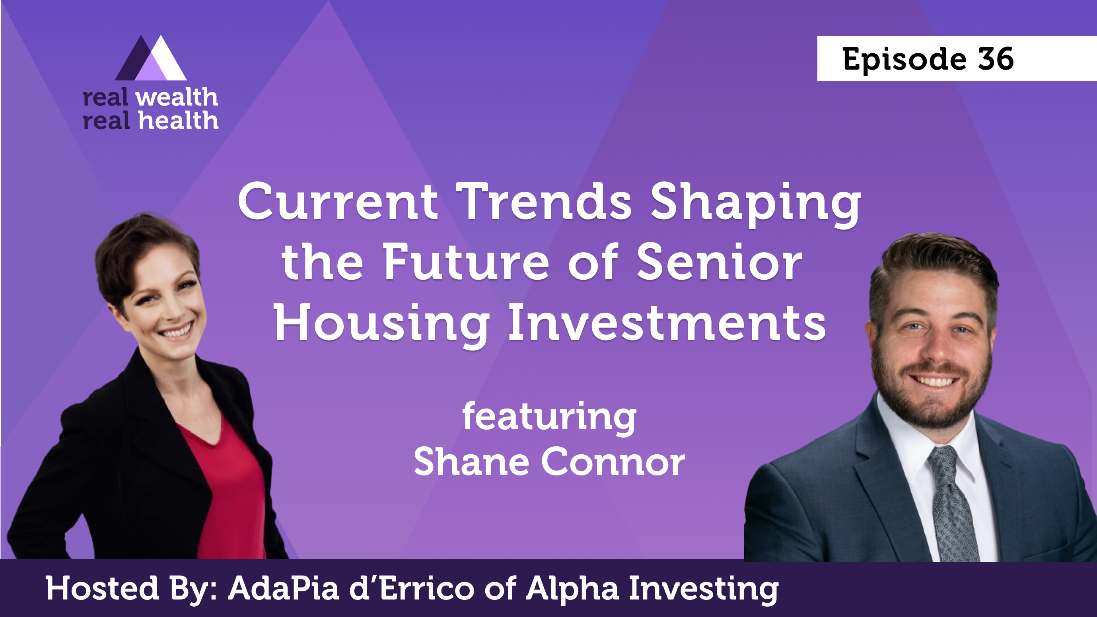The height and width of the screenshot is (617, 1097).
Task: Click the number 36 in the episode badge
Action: [x=996, y=59]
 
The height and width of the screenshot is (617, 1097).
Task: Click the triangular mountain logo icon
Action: [x=151, y=58]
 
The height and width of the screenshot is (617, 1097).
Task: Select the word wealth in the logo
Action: [x=177, y=97]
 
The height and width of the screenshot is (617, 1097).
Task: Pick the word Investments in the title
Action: [x=667, y=322]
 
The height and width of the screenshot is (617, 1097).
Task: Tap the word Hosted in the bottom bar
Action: [x=102, y=588]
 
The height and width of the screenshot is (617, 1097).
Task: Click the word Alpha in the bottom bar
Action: [x=573, y=589]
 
